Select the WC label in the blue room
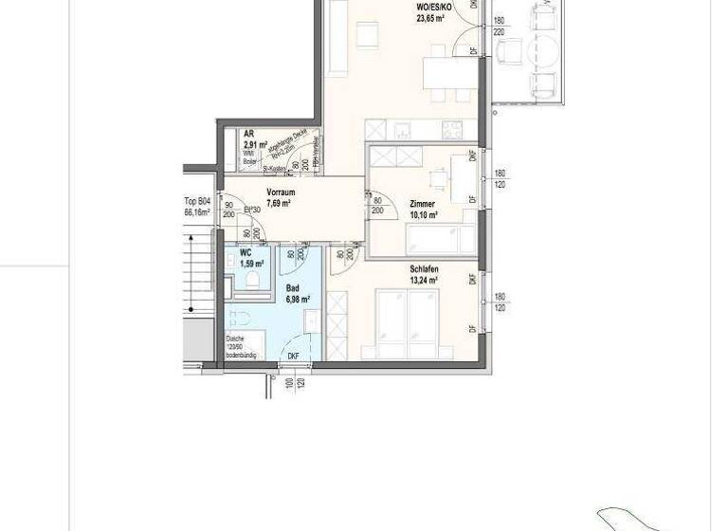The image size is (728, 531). pyautogui.click(x=245, y=253)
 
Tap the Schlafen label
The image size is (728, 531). pyautogui.click(x=424, y=269)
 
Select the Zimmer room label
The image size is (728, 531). pyautogui.click(x=422, y=205)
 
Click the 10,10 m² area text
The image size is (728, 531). pyautogui.click(x=424, y=215)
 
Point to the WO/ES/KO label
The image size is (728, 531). pyautogui.click(x=432, y=7)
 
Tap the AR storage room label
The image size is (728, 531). pyautogui.click(x=248, y=135)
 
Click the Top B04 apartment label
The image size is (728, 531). pyautogui.click(x=196, y=202)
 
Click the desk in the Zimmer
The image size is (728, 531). pyautogui.click(x=438, y=179)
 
